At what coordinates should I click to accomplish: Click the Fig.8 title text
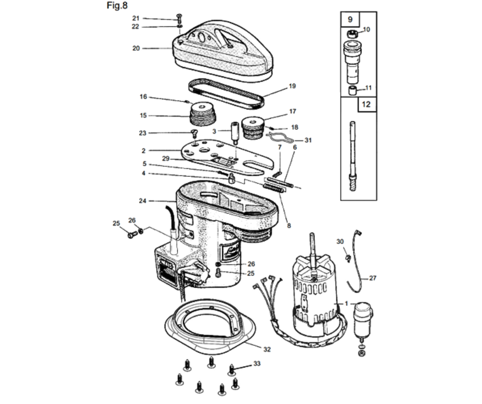117,5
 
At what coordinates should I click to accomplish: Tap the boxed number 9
350,19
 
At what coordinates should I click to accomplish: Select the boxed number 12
366,104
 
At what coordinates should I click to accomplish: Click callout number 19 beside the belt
292,86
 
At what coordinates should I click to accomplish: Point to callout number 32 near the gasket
267,349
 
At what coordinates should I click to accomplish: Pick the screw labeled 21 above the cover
179,17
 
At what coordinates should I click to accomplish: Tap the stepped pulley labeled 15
203,114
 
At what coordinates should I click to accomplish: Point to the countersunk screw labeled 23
195,134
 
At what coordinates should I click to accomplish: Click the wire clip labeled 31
279,138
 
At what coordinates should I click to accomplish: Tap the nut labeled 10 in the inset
353,34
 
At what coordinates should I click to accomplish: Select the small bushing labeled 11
353,90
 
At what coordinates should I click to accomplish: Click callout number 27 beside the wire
373,278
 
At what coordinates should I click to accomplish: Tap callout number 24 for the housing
143,201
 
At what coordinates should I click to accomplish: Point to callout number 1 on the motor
346,304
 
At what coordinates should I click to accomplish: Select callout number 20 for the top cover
136,48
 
